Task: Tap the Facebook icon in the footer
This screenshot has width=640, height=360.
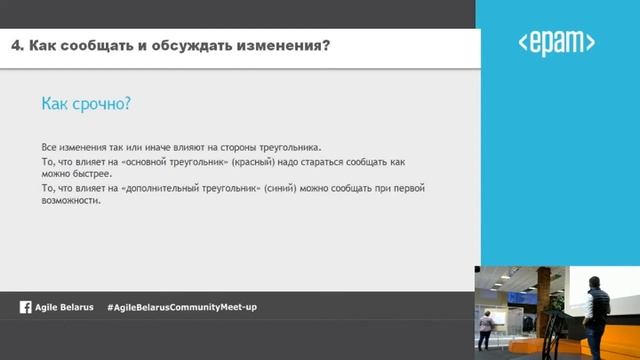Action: click(25, 307)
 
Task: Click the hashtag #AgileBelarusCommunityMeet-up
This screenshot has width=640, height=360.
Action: click(181, 307)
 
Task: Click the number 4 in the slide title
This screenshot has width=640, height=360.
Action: click(15, 46)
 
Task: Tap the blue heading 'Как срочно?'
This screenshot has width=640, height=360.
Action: click(87, 104)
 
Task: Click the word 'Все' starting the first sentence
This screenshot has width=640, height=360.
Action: click(49, 146)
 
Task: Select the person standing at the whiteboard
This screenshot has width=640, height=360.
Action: click(487, 327)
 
